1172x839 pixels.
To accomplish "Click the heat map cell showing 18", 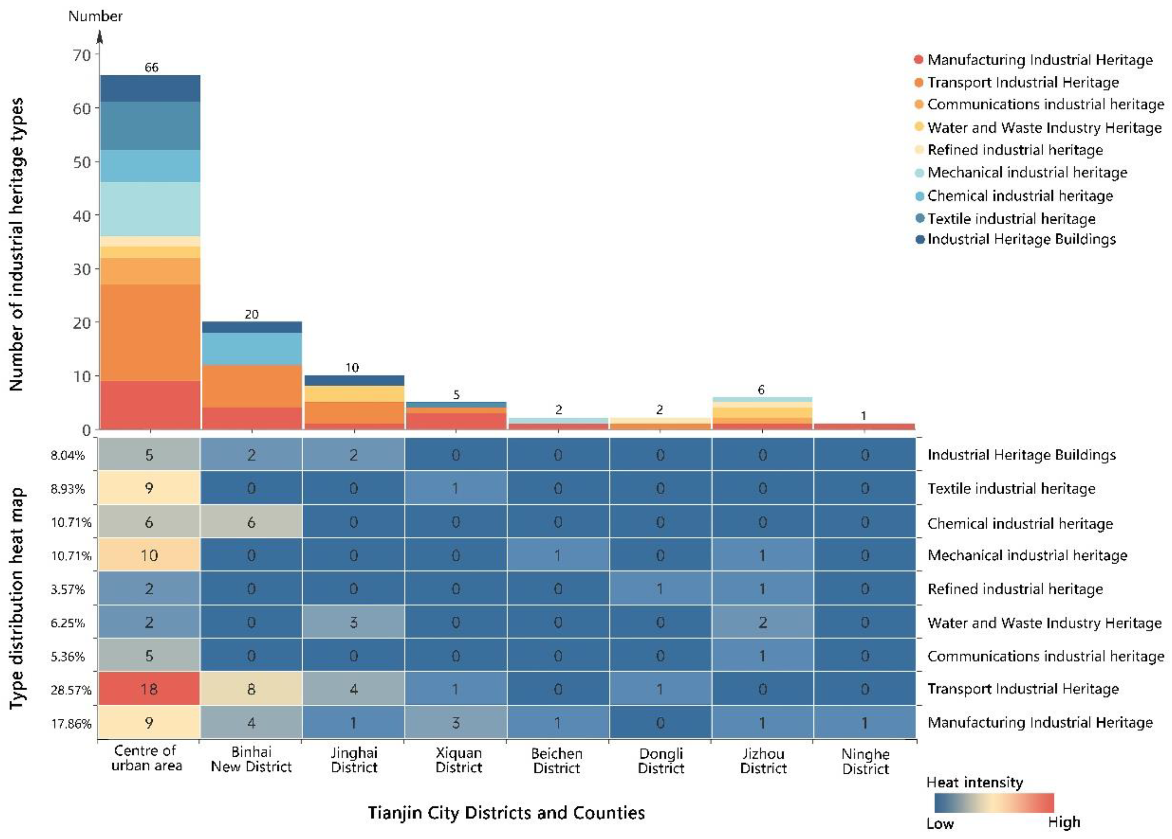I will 149,689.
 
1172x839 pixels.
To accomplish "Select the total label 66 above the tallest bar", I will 151,68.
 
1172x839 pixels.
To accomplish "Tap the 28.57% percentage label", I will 71,690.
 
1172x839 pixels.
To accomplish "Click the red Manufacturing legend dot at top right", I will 918,59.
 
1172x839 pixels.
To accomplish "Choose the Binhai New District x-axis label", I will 251,759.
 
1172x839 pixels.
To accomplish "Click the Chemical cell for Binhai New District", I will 251,522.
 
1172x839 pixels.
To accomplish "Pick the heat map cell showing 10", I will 149,555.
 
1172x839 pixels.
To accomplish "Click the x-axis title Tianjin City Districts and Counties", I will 506,813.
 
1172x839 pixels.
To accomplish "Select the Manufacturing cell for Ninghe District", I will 865,722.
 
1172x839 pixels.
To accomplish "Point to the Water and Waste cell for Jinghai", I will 353,622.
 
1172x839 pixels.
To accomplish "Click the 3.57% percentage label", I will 68,589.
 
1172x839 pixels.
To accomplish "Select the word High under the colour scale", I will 1064,822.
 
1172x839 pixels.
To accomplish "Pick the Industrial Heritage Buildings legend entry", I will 1021,239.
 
